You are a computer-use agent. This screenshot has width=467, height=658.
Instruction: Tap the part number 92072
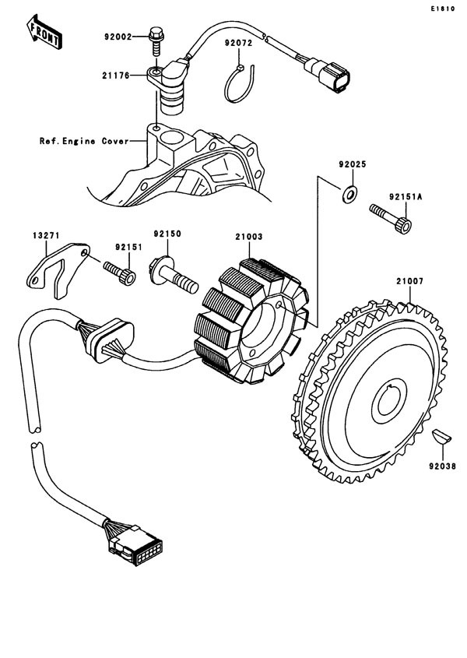tap(240, 44)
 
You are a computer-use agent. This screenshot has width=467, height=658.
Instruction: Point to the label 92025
tap(352, 165)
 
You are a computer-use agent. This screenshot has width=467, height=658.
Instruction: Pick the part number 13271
tap(46, 234)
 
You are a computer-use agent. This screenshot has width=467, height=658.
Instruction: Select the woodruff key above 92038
tap(441, 436)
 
